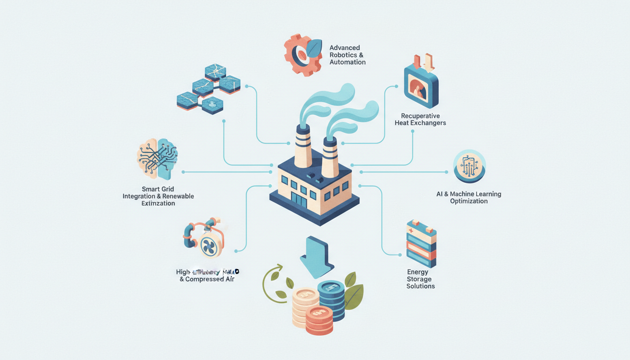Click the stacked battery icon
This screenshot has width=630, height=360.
421,243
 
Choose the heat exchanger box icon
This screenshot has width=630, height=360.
420,84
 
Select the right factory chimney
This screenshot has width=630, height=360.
330,157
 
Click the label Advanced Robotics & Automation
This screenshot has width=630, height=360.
347,55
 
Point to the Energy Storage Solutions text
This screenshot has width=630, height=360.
420,279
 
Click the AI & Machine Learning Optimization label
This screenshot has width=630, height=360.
469,197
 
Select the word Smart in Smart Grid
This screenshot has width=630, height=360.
151,189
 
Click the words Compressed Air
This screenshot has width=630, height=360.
210,279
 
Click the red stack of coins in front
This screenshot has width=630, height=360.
319,320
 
